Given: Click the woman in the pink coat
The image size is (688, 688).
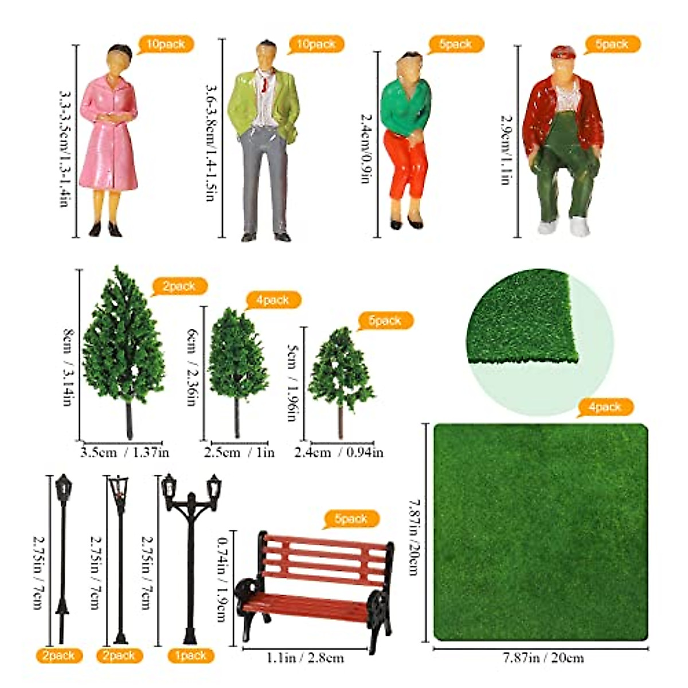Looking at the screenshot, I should pyautogui.click(x=109, y=138).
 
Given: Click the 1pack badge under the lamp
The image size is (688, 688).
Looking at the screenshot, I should pyautogui.click(x=190, y=655).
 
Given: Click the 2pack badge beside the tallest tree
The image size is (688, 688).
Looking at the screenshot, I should pyautogui.click(x=179, y=286).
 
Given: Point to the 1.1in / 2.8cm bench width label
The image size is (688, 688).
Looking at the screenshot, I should pyautogui.click(x=306, y=658).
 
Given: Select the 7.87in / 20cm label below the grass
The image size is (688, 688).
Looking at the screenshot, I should pyautogui.click(x=543, y=658).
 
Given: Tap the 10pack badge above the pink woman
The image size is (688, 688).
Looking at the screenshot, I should pyautogui.click(x=166, y=44).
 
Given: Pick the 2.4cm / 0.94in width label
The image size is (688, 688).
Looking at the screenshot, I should pyautogui.click(x=339, y=452).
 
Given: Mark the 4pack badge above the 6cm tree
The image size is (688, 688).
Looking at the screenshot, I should pyautogui.click(x=273, y=300).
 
